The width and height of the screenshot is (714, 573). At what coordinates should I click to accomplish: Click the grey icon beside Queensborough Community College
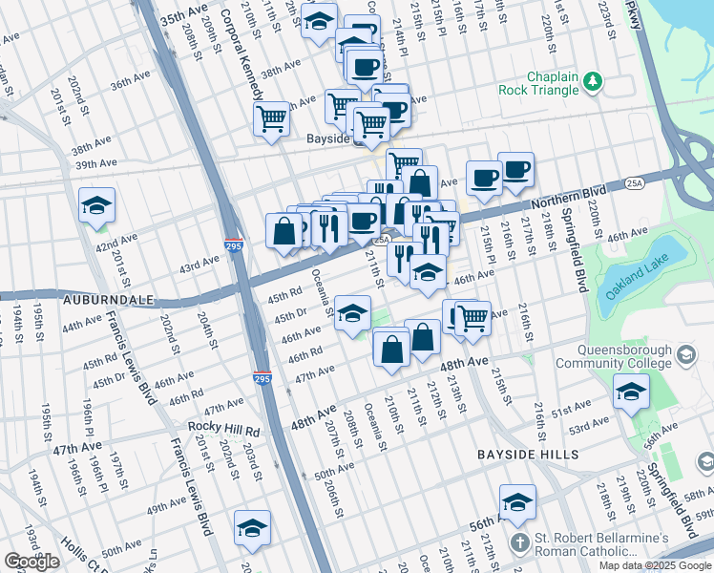coord(685,356)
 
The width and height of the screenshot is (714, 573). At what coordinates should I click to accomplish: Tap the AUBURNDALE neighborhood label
coord(108,300)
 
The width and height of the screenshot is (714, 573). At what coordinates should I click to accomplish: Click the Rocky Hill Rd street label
coord(224,425)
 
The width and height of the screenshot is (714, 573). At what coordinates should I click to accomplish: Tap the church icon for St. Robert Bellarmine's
coord(518,544)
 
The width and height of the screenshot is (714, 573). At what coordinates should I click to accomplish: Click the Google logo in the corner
coord(32,562)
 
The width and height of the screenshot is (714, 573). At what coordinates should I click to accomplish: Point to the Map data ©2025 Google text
coord(655,565)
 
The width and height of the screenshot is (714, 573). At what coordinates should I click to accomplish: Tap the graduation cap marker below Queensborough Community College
coord(631,392)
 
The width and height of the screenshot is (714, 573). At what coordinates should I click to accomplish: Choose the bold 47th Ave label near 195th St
coord(78,449)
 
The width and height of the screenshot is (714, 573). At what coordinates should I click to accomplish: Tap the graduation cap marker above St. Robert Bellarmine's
coord(517,501)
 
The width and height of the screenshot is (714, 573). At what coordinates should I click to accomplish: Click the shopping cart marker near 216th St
coord(472,319)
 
